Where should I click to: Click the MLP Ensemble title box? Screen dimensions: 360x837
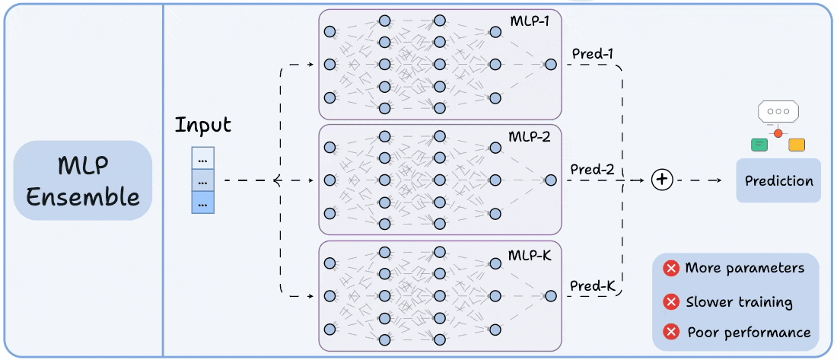tap(83, 180)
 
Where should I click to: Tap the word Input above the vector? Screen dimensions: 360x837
tap(202, 125)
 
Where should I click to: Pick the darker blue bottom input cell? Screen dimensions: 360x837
tap(202, 203)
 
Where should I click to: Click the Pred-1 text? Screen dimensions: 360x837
tap(592, 54)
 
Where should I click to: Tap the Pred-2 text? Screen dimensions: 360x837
tap(592, 169)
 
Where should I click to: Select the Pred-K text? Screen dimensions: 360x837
tap(592, 286)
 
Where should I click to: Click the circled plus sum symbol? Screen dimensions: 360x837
tap(663, 180)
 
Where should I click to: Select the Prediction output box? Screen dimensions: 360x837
tap(778, 180)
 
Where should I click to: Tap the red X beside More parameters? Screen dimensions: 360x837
tap(671, 268)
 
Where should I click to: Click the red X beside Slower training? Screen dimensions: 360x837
tap(671, 302)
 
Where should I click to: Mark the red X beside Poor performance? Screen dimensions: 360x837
tap(671, 332)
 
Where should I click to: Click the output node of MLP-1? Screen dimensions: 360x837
tap(550, 65)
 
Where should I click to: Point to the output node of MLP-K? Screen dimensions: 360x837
tap(550, 296)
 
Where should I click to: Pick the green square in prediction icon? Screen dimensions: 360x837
tap(759, 144)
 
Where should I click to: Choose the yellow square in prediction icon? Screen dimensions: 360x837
tap(797, 144)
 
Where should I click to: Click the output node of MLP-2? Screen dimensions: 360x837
tap(550, 180)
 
